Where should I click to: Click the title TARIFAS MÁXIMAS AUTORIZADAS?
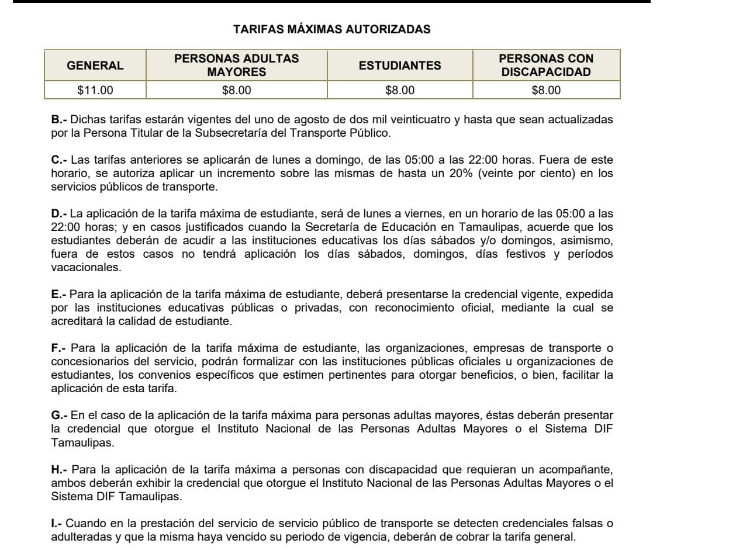(331, 29)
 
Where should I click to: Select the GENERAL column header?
(95, 65)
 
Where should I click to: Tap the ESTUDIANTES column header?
(400, 65)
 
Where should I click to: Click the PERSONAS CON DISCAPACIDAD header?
(546, 65)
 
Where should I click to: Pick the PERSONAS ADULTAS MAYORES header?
(236, 65)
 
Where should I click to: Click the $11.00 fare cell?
(95, 91)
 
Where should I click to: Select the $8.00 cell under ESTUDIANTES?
(400, 91)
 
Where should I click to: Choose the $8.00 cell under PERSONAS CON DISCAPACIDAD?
(546, 91)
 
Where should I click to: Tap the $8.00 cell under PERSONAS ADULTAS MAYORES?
(236, 91)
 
